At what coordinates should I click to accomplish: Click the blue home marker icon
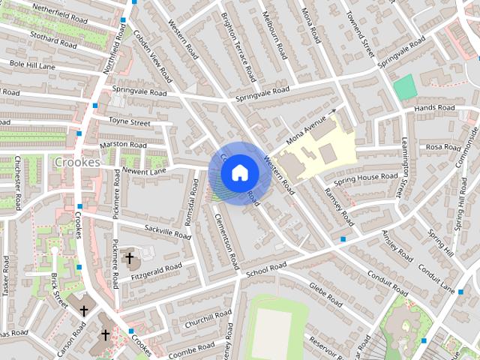coord(239,172)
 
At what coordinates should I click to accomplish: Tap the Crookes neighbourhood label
coord(77,162)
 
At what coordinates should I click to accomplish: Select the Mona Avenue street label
coord(308,128)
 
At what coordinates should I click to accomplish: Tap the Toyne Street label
coord(130,121)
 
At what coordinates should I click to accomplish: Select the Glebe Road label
coord(325,289)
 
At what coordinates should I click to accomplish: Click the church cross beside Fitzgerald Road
coord(129,259)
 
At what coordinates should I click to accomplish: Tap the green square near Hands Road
coord(404,86)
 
